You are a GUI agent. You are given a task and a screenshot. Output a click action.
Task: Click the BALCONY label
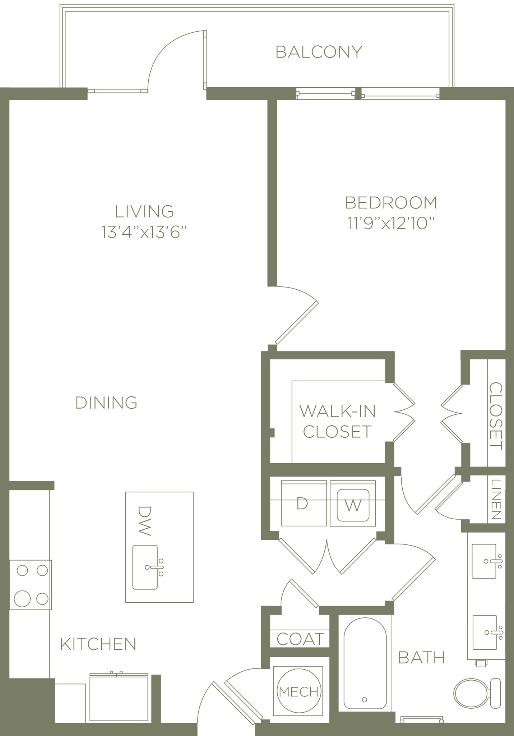[319, 52]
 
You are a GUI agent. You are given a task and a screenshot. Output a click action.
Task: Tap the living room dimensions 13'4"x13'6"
[144, 232]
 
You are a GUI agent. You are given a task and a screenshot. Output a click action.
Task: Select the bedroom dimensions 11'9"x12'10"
[391, 224]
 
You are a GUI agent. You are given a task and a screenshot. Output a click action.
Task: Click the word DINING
[106, 403]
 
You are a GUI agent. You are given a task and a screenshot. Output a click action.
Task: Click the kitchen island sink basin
[145, 567]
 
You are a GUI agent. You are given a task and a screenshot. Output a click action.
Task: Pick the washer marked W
[353, 506]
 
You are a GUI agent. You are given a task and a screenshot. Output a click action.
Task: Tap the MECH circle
[299, 691]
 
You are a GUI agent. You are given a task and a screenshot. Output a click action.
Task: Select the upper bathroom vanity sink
[484, 561]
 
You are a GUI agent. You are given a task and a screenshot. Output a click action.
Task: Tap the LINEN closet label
[496, 500]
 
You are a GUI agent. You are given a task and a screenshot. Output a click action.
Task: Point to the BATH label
[421, 658]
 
